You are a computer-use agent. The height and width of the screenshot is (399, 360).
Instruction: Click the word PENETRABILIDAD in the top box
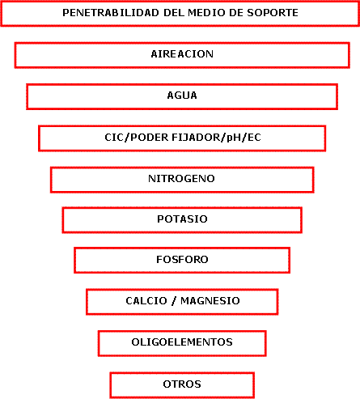(x=111, y=13)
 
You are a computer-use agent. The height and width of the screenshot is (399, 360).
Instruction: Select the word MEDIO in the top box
(x=207, y=13)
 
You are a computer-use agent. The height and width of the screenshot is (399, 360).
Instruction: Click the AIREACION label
(x=182, y=54)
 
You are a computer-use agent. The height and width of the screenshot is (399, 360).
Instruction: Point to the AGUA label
(x=182, y=96)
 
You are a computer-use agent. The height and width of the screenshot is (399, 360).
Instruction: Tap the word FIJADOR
(x=196, y=138)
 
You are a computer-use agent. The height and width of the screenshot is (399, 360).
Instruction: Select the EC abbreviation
(x=254, y=138)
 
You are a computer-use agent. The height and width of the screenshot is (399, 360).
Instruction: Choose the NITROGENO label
(x=181, y=179)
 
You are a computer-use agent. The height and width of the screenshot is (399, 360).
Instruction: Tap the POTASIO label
(x=182, y=219)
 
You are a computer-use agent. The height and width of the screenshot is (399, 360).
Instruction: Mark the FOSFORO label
(x=182, y=260)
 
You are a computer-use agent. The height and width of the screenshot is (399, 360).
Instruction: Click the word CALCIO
(x=146, y=301)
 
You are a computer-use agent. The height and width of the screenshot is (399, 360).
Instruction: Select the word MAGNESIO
(x=210, y=301)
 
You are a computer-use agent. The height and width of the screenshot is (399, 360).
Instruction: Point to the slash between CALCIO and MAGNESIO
(x=174, y=301)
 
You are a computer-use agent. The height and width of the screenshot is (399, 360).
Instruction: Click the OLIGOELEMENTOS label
(x=182, y=342)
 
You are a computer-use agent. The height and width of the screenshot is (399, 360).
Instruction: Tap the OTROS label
(x=182, y=384)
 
